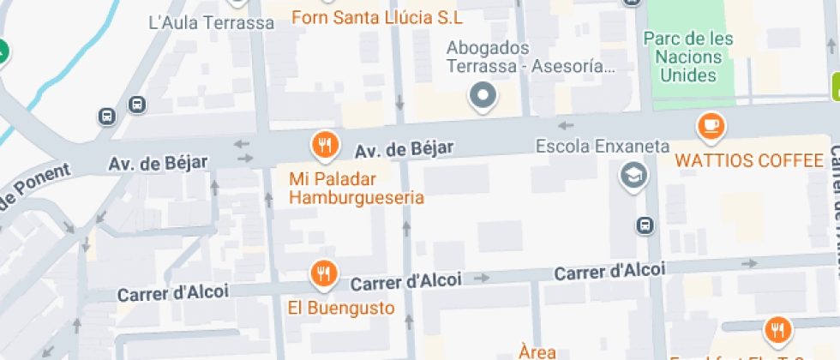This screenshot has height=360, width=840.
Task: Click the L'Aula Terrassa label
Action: [211, 23]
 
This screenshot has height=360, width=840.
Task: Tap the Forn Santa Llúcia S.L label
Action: [377, 17]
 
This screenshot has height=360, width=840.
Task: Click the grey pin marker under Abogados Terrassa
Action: [483, 94]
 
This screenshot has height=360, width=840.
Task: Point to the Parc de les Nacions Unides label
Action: [688, 57]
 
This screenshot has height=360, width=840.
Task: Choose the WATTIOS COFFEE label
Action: [748, 160]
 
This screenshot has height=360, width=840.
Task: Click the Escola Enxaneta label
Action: [603, 147]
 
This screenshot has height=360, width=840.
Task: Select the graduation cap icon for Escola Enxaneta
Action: [633, 176]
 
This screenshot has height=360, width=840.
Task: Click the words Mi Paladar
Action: [327, 179]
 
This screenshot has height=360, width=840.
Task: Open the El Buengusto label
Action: [341, 308]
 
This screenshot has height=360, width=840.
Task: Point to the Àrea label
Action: [537, 351]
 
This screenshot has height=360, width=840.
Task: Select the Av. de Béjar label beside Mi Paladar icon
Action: [404, 150]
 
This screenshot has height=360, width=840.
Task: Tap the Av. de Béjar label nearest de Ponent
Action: [158, 163]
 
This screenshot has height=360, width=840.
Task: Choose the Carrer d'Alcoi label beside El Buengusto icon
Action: [406, 280]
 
